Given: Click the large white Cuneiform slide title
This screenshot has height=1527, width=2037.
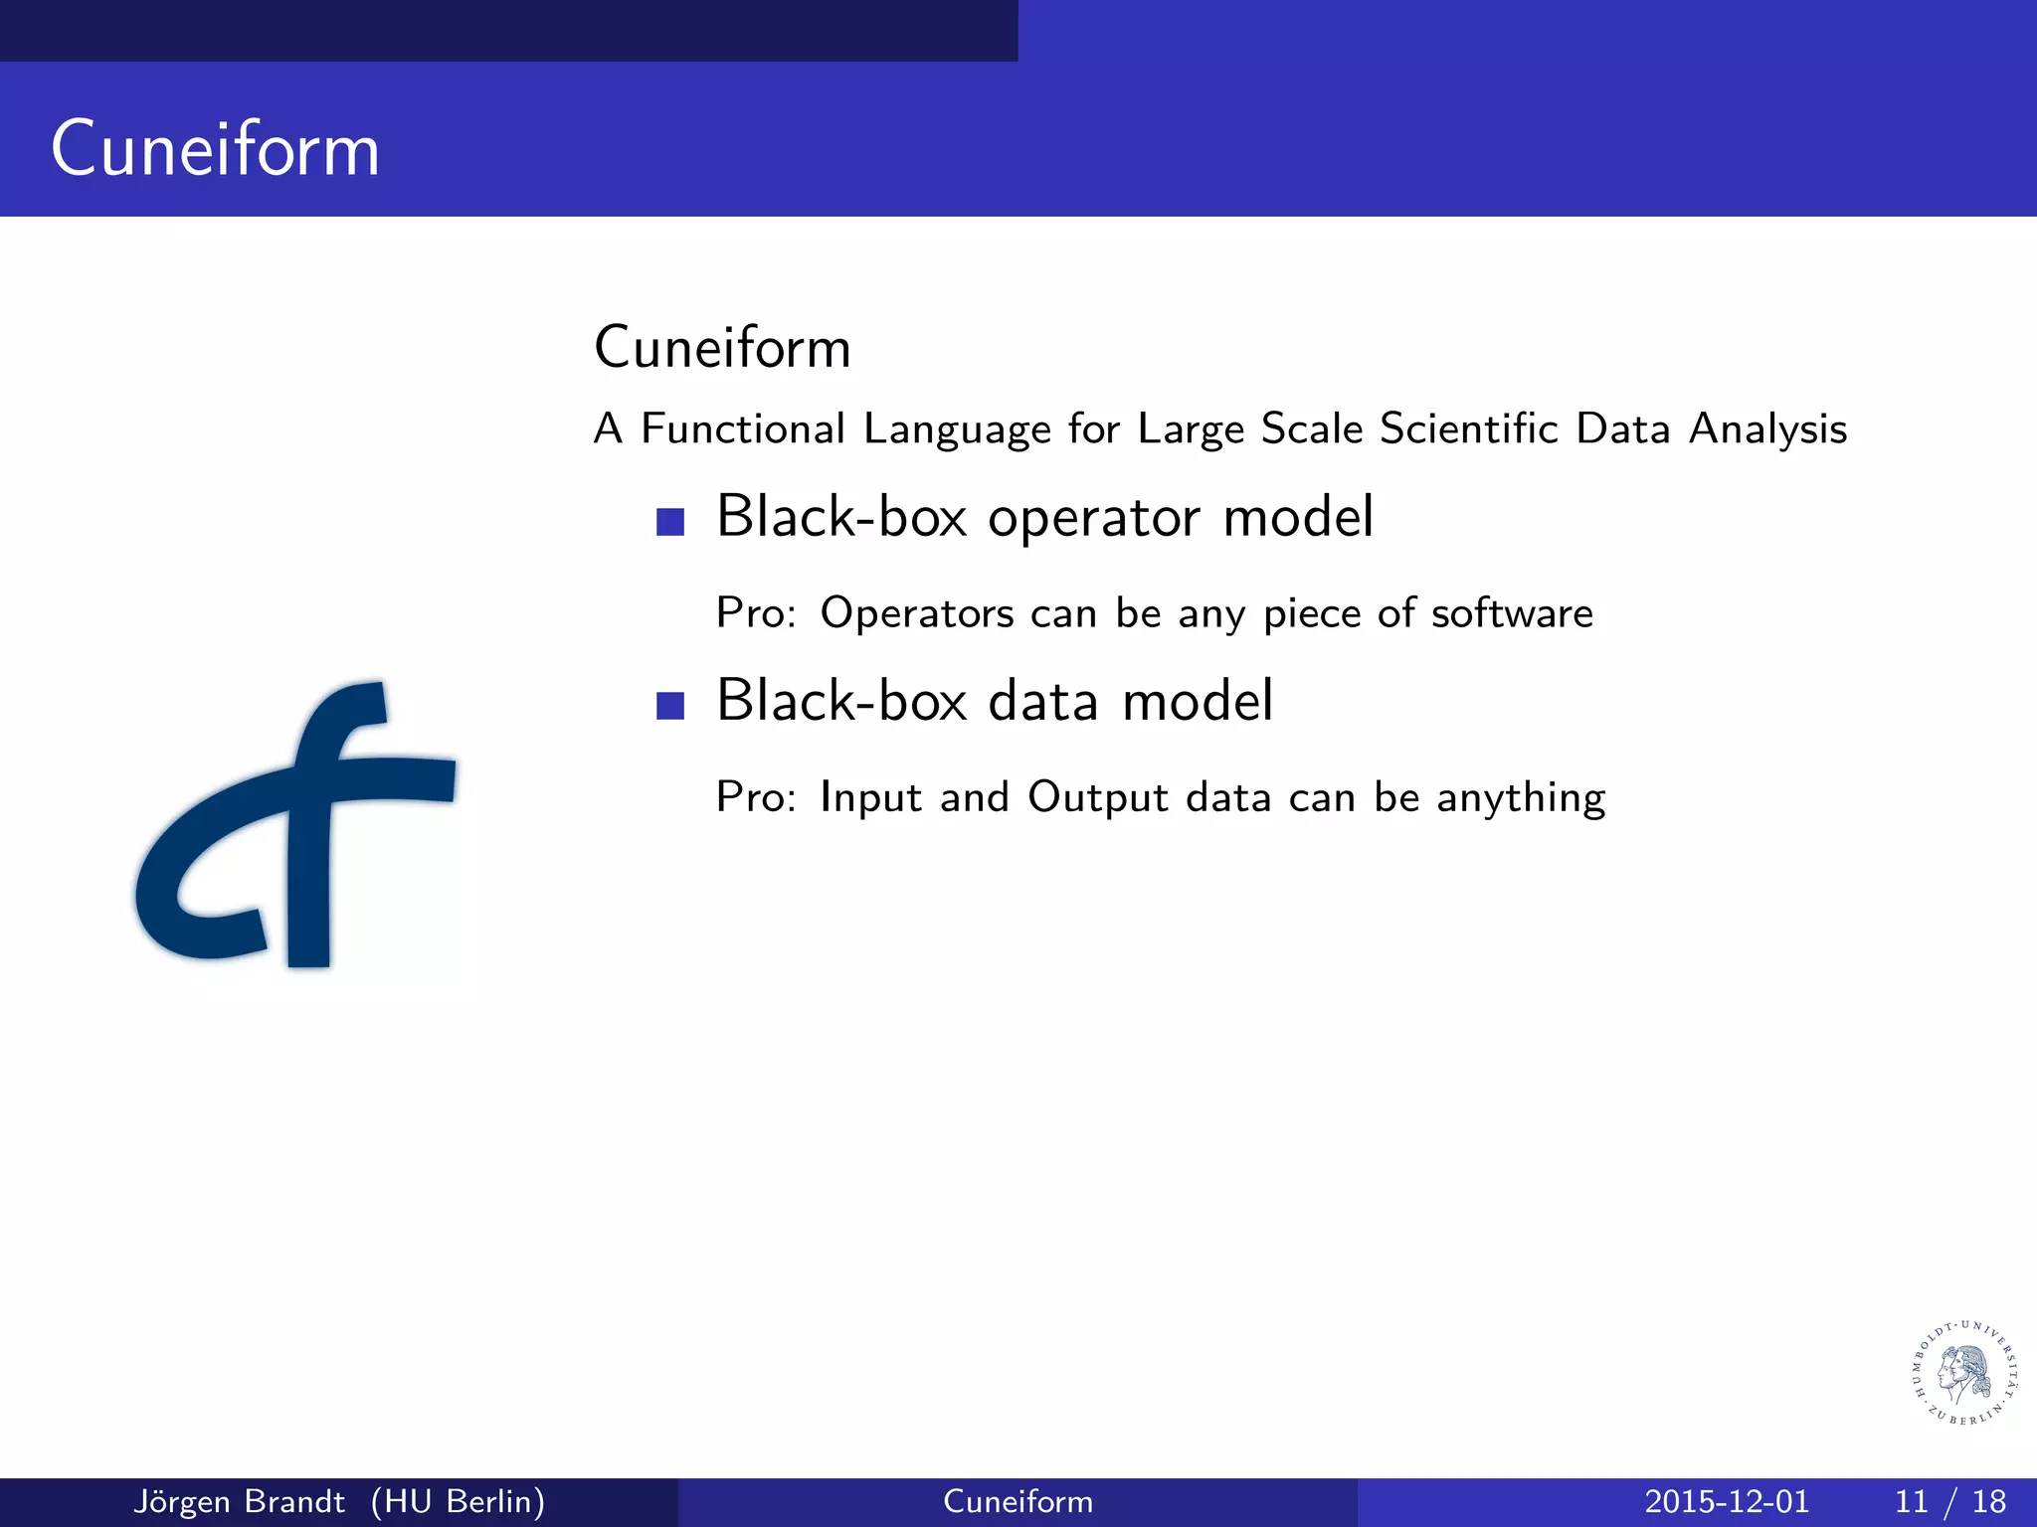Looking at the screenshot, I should tap(215, 149).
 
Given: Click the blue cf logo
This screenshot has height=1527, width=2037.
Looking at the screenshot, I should tap(298, 825).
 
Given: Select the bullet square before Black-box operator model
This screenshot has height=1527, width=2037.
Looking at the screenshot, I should tap(670, 522).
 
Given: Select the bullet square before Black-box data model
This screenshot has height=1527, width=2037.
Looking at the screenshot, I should tap(670, 705).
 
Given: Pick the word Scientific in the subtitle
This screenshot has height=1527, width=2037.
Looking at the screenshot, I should tap(1469, 429).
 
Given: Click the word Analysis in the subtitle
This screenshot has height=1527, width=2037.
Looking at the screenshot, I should tap(1767, 429).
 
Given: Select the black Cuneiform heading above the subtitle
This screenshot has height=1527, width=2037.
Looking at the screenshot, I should tap(722, 348).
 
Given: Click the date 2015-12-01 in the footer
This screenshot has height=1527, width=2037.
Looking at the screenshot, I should tap(1726, 1501).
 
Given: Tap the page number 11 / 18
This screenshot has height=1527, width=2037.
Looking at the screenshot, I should tap(1949, 1501).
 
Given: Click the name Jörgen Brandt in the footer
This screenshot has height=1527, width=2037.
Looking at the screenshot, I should tap(239, 1501).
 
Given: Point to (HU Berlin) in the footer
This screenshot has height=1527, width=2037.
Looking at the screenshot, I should tap(458, 1501).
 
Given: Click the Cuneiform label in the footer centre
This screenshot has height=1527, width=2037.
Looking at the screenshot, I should tap(1018, 1501).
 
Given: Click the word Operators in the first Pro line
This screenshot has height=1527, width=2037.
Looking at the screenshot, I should tap(916, 613).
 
